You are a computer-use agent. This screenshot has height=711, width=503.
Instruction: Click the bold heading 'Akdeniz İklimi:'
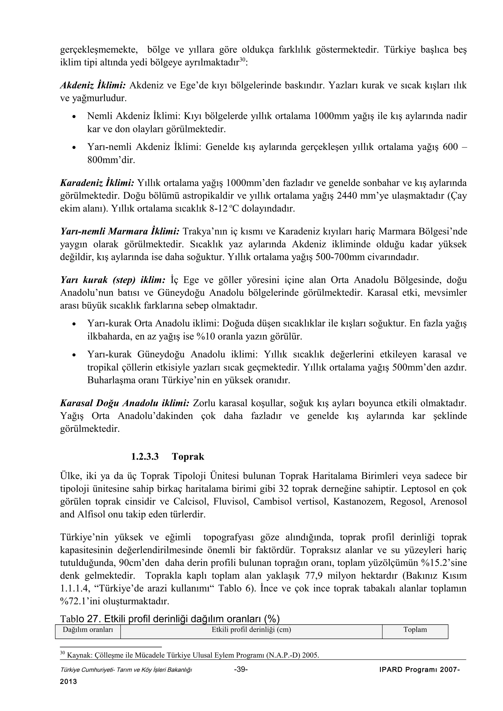tap(93, 85)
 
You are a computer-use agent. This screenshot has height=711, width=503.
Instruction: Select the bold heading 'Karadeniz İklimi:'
tap(97, 183)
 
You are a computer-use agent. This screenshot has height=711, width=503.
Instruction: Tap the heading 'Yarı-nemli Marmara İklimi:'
tap(120, 231)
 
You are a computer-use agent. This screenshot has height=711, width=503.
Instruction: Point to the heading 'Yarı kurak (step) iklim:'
tap(113, 280)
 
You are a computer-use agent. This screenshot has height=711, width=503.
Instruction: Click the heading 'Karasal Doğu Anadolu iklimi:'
tap(125, 403)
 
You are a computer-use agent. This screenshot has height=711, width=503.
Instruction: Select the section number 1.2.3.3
tap(145, 456)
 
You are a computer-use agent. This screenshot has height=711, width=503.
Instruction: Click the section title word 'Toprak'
tap(188, 456)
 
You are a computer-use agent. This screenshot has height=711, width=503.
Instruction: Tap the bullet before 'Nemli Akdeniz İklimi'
tap(73, 117)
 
